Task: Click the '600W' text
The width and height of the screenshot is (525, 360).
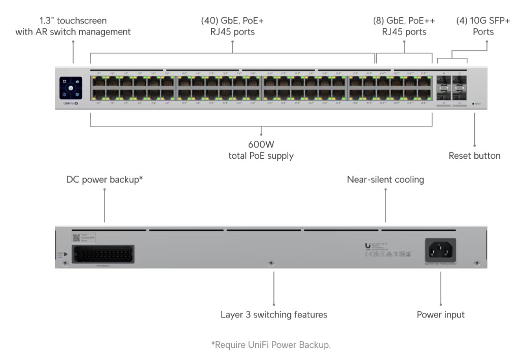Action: point(261,144)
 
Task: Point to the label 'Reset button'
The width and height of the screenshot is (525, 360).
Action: point(474,156)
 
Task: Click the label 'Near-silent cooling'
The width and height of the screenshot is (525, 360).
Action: point(385,179)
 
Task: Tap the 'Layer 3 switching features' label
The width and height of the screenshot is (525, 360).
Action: point(273,314)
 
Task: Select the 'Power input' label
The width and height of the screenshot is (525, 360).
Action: point(440,314)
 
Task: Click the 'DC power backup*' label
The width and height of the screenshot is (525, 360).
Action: point(104,179)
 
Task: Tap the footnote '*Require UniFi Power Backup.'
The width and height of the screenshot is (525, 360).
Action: point(271,345)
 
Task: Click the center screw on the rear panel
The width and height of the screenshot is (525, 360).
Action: point(271,263)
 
